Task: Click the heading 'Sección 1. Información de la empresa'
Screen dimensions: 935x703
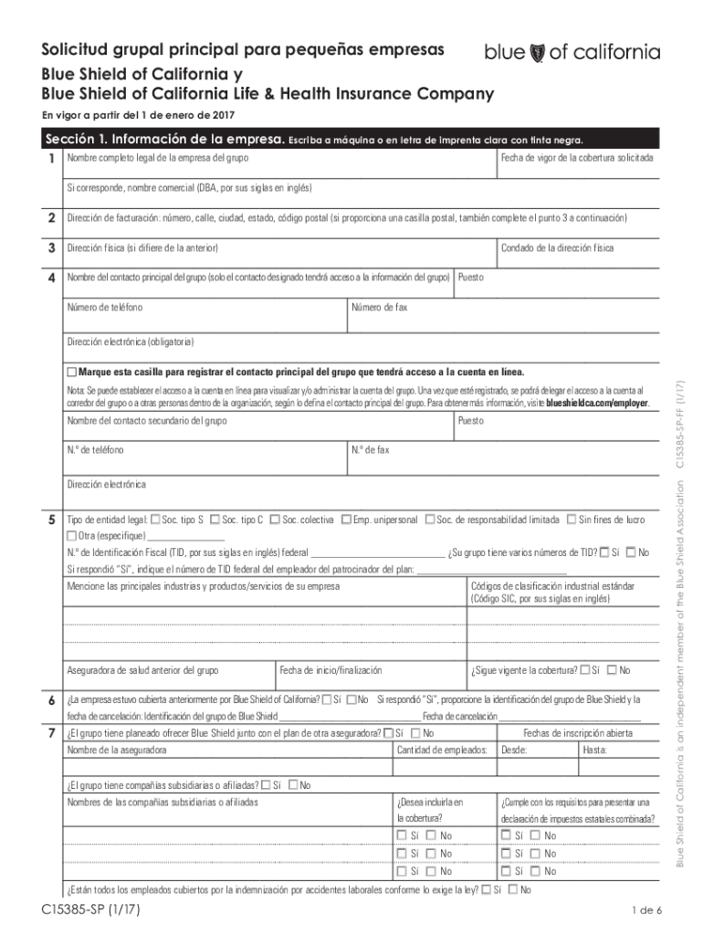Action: click(x=164, y=140)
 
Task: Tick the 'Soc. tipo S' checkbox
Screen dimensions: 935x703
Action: click(x=155, y=520)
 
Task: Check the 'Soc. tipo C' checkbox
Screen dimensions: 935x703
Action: click(x=215, y=520)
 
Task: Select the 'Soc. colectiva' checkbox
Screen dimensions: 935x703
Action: click(x=275, y=520)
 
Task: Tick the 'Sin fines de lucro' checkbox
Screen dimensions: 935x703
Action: click(x=572, y=520)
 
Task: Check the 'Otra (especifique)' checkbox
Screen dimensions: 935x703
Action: click(x=72, y=535)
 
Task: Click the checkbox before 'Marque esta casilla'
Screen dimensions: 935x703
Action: click(x=72, y=373)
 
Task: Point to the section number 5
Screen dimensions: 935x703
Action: click(x=51, y=520)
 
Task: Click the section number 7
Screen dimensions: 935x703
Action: click(x=51, y=733)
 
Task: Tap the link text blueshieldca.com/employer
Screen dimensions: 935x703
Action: click(x=597, y=403)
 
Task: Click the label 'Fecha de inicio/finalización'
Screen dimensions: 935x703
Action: click(x=331, y=670)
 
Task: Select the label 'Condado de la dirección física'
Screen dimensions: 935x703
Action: click(x=557, y=248)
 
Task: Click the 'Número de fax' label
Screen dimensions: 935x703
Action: click(x=379, y=307)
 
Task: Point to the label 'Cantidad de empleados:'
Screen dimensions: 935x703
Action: click(x=441, y=751)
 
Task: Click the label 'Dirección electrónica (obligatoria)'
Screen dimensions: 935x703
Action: click(x=130, y=342)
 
